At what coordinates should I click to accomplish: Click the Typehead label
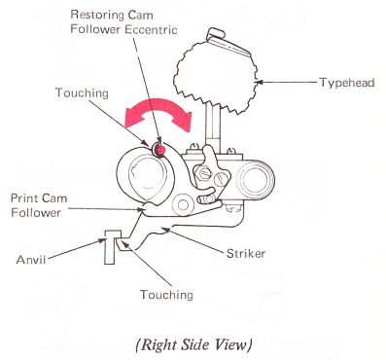point(347,83)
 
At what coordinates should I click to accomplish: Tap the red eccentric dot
point(159,150)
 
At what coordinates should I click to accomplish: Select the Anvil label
point(31,260)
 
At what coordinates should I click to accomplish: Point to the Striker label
point(246,253)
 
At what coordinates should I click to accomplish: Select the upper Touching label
point(82,92)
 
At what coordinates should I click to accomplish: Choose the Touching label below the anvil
point(166,295)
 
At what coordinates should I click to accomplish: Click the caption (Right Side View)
point(193,344)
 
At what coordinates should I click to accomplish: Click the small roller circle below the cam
point(183,204)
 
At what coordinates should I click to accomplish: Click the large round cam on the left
point(146,175)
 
